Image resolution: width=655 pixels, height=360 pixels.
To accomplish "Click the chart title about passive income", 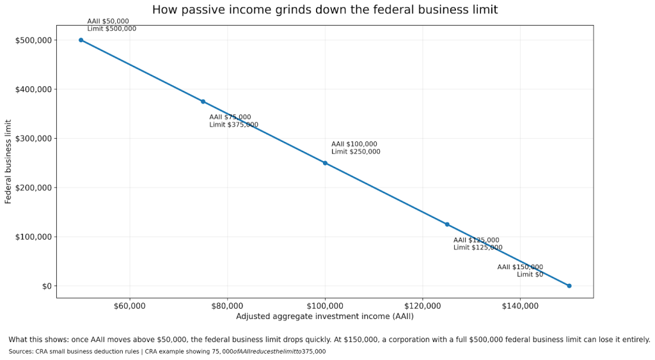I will click(324, 10).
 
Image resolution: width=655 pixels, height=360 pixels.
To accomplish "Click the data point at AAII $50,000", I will click(81, 40).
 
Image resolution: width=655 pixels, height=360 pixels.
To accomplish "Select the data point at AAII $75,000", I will click(203, 101).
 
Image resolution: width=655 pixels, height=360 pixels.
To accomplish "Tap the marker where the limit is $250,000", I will click(325, 163).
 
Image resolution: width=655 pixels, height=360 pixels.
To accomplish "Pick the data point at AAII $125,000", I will click(447, 224).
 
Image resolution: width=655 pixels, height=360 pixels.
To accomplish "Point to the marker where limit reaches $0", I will click(569, 286).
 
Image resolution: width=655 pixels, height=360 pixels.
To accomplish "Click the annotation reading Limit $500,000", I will click(111, 29).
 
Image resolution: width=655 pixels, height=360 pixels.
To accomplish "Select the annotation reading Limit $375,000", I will click(233, 125).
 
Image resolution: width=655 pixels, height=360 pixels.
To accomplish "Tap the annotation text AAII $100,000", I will click(354, 144).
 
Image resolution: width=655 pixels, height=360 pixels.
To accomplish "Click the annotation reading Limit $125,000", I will click(478, 247).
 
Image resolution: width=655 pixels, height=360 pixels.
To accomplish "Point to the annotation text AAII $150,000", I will click(520, 267).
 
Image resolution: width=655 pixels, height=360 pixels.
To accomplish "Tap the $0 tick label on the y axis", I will click(45, 286).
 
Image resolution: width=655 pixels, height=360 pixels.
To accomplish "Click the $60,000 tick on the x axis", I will click(130, 306).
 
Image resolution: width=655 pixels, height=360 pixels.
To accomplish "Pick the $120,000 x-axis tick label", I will click(423, 306).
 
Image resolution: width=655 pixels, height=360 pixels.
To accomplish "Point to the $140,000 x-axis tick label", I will click(520, 306).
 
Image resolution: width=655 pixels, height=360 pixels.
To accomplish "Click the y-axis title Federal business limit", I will click(8, 161).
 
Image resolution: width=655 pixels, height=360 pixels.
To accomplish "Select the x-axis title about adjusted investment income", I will click(324, 317).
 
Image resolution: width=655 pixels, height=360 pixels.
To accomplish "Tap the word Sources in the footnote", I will click(21, 352).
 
